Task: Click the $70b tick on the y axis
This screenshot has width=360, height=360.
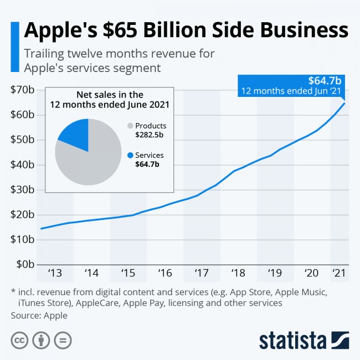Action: [22, 90]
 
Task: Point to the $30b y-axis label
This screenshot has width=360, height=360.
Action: [22, 190]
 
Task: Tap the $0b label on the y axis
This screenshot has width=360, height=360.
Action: [25, 265]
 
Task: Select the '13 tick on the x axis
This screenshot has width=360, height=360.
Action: [55, 273]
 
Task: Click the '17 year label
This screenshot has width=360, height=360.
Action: [202, 273]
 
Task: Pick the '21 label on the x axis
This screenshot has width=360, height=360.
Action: [339, 273]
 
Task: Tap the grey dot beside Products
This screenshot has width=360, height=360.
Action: [130, 126]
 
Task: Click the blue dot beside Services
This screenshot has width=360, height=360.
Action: [130, 156]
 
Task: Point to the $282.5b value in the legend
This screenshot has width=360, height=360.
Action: [149, 135]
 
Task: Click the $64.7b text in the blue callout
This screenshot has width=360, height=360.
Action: [325, 81]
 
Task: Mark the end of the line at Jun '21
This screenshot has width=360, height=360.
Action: [344, 103]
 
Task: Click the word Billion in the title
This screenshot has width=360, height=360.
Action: [174, 30]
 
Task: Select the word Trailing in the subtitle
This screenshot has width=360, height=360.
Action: [44, 54]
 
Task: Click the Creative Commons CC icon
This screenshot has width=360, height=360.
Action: [19, 340]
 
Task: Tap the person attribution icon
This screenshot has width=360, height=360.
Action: [41, 340]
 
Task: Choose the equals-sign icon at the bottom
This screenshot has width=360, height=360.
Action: [63, 340]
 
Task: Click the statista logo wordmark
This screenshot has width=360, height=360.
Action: [293, 341]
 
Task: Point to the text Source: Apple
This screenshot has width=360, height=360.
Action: [39, 316]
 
